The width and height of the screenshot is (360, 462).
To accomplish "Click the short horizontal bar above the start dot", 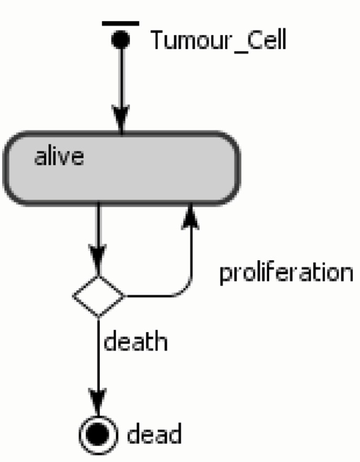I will click(x=120, y=23).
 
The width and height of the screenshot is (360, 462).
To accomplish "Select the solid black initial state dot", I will click(x=121, y=39).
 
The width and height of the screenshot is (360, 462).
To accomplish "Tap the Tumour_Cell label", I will click(x=219, y=40).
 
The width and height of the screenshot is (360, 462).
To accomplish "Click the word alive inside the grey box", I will click(x=58, y=157).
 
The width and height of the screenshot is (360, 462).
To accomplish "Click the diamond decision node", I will click(x=99, y=296).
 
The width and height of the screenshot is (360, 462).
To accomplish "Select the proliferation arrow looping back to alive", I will click(x=190, y=258).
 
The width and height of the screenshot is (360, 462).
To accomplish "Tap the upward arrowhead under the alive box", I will click(x=190, y=215).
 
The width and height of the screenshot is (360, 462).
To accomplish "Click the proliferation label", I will click(x=286, y=273).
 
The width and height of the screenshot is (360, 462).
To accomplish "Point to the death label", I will click(x=136, y=342).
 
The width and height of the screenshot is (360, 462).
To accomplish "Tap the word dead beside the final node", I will click(x=154, y=435).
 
